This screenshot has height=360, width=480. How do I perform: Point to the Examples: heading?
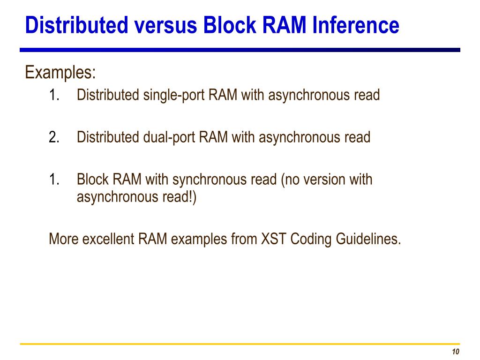(60, 73)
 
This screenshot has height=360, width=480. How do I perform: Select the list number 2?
(54, 137)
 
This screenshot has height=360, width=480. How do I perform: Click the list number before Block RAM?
(54, 180)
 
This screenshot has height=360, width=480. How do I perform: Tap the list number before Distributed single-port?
(54, 95)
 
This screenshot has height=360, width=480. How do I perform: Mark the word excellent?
(109, 239)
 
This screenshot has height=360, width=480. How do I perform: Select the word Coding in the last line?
(310, 239)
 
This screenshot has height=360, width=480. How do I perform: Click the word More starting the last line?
(64, 239)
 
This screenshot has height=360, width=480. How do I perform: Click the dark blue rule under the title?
(240, 50)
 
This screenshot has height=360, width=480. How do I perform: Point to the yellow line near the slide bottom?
(240, 345)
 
